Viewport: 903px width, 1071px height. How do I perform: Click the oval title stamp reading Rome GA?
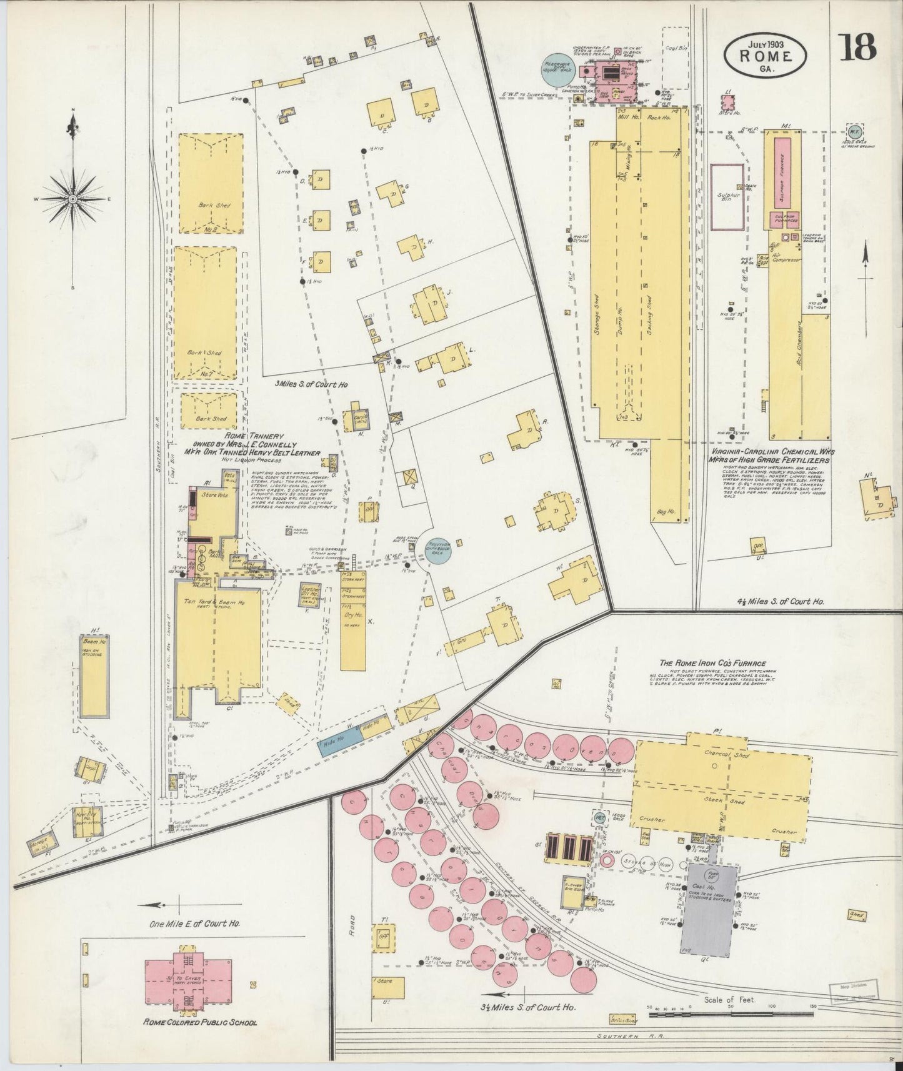765,54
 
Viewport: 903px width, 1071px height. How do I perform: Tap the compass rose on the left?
73,198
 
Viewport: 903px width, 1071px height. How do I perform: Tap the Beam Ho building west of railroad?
94,677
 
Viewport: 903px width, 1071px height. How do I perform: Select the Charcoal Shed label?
725,754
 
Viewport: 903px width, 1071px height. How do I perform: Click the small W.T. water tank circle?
854,131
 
